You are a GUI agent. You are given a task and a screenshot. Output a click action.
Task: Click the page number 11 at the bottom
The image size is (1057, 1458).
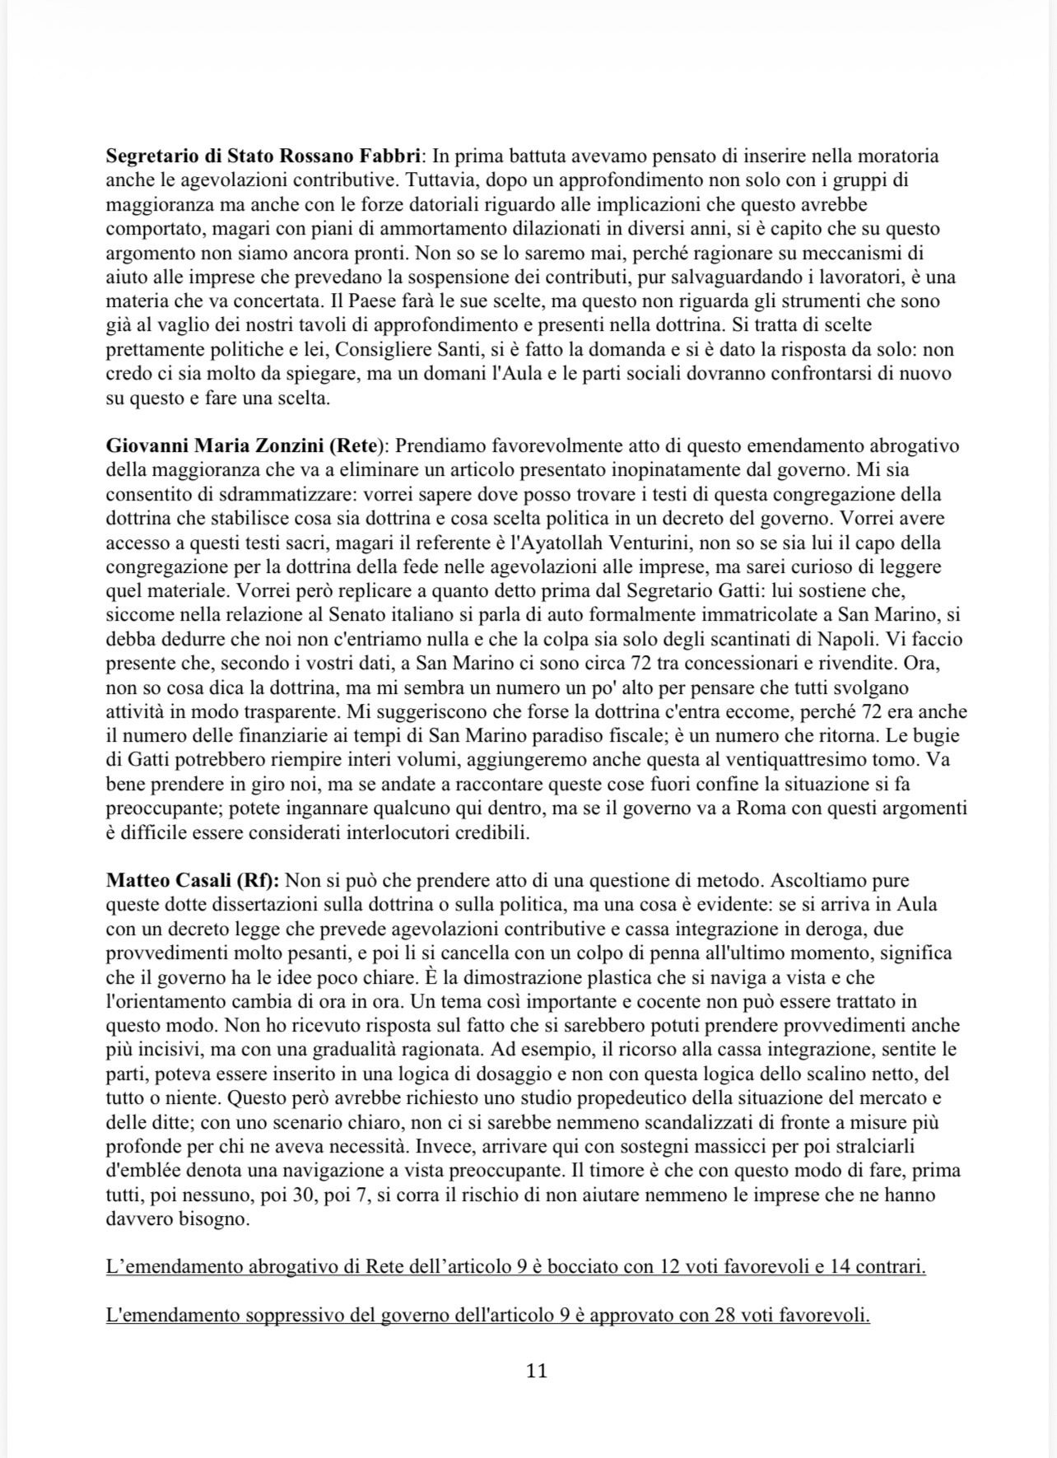point(536,1371)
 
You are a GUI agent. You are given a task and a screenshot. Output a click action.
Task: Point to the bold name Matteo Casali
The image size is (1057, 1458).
point(168,881)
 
